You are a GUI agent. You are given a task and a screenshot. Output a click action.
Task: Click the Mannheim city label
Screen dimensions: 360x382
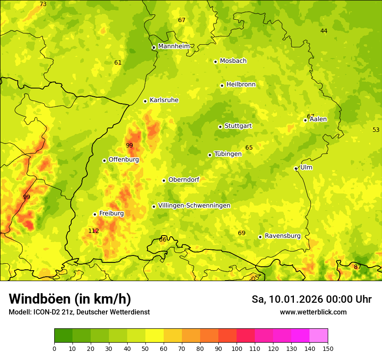174,46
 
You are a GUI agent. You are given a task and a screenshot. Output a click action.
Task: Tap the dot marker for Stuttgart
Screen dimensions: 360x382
220,127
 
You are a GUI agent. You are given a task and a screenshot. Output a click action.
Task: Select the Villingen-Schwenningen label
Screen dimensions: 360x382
194,206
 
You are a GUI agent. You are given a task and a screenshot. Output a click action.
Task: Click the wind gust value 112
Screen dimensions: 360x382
93,231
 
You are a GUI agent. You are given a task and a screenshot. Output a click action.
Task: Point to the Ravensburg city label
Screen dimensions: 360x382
283,236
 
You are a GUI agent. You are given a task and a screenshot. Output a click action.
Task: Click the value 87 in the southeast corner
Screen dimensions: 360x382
357,267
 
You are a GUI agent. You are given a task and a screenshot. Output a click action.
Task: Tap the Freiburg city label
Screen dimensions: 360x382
111,213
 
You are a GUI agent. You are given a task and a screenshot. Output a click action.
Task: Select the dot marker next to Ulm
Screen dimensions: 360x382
296,168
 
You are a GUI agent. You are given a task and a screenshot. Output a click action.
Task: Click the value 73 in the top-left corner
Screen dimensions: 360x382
43,4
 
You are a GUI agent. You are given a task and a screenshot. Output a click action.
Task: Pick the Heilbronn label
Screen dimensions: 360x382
241,85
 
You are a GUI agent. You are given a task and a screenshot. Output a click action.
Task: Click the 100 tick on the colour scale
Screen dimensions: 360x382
237,348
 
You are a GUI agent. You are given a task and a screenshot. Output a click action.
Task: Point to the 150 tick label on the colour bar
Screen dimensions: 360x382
328,348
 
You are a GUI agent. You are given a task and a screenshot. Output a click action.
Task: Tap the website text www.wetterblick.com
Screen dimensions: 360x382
313,312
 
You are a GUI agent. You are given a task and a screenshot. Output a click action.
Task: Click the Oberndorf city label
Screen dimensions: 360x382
184,180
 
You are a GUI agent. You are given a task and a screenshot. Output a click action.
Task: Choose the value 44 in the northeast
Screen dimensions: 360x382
324,31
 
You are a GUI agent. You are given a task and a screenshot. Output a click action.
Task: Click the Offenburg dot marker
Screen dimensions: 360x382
104,160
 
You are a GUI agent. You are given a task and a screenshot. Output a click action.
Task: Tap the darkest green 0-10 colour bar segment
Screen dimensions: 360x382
63,335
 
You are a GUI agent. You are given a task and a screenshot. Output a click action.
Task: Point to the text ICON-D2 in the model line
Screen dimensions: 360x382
45,312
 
